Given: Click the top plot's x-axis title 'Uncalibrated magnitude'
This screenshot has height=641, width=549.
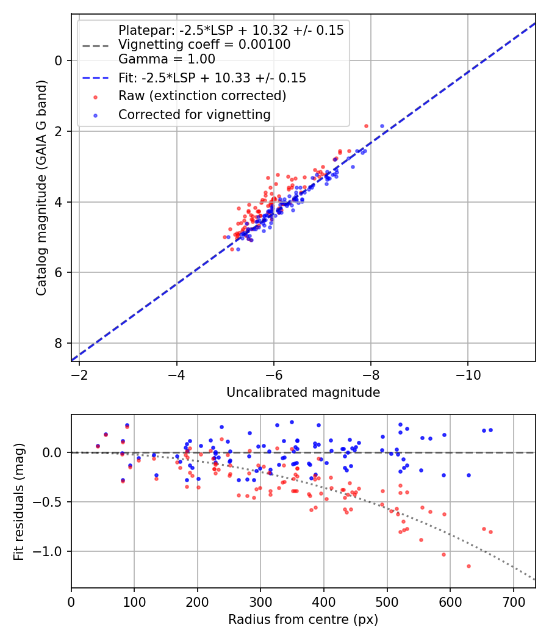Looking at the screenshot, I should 303,393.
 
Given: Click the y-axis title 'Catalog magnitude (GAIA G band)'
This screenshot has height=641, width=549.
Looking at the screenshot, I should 41,187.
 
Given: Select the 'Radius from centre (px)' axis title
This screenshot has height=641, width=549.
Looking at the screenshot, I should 303,620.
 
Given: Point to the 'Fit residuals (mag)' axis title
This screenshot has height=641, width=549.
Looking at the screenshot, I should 19,501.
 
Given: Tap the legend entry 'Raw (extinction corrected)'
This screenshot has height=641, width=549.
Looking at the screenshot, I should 202,96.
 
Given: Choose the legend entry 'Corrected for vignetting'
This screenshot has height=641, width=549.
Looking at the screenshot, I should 194,114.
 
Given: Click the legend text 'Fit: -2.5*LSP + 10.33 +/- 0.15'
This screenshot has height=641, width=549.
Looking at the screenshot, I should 212,78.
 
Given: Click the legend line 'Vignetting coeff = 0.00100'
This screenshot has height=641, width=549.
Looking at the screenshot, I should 204,45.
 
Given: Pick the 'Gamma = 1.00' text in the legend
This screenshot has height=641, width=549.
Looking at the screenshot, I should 167,59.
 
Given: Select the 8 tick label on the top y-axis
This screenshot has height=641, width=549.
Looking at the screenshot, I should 59,343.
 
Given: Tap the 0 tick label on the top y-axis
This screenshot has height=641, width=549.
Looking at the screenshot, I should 59,60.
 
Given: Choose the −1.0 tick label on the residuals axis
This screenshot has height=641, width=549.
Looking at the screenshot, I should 51,551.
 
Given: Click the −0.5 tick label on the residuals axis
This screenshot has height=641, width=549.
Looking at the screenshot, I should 51,502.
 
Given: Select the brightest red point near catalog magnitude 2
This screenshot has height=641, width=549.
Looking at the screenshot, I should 366,126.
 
